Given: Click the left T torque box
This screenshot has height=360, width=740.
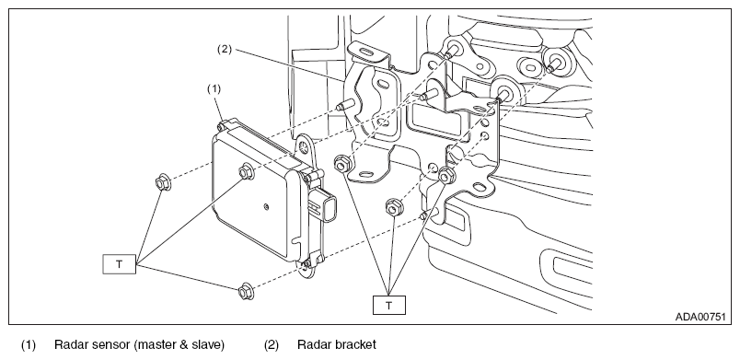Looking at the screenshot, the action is pyautogui.click(x=119, y=264).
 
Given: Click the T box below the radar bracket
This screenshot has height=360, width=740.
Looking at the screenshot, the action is pyautogui.click(x=389, y=306).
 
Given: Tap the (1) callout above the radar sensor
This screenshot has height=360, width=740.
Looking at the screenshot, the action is pyautogui.click(x=214, y=88).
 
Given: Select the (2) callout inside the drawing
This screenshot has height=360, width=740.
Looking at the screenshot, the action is pyautogui.click(x=225, y=49).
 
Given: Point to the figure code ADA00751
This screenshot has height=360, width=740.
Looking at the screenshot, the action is pyautogui.click(x=700, y=317).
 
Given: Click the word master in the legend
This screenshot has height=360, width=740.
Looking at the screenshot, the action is pyautogui.click(x=155, y=345).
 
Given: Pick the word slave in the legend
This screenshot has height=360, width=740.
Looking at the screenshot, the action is pyautogui.click(x=207, y=345).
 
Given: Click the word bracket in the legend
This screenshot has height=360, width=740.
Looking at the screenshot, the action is pyautogui.click(x=356, y=345).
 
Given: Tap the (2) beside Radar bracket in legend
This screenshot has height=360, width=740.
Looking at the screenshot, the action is pyautogui.click(x=272, y=345).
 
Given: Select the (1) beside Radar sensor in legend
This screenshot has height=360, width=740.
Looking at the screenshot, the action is pyautogui.click(x=29, y=345).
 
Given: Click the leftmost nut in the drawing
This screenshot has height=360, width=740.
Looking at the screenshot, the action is pyautogui.click(x=163, y=182).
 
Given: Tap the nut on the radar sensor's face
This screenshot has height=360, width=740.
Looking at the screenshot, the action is pyautogui.click(x=246, y=171).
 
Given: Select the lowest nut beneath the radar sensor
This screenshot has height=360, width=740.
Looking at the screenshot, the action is pyautogui.click(x=246, y=291).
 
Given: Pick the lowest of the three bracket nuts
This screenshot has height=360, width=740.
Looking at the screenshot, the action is pyautogui.click(x=394, y=207).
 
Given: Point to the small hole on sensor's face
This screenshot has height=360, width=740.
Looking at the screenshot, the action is pyautogui.click(x=266, y=206).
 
